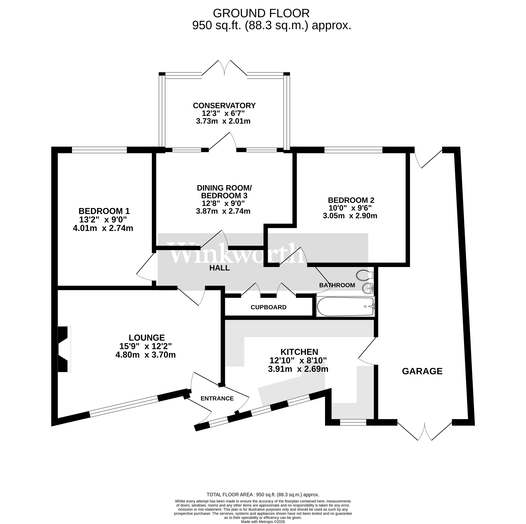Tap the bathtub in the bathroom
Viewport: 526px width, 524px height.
point(345,306)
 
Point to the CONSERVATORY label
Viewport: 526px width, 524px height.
point(224,105)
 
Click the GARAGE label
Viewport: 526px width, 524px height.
point(422,371)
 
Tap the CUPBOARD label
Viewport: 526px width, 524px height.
point(268,307)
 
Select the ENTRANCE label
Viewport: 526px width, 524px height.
point(217,399)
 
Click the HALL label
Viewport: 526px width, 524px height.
point(219,268)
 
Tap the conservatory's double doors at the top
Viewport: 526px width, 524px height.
point(225,68)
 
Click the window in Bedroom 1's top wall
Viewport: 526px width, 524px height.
point(99,150)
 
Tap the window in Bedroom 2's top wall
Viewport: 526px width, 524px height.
point(353,150)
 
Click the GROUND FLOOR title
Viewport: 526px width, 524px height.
point(261,13)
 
